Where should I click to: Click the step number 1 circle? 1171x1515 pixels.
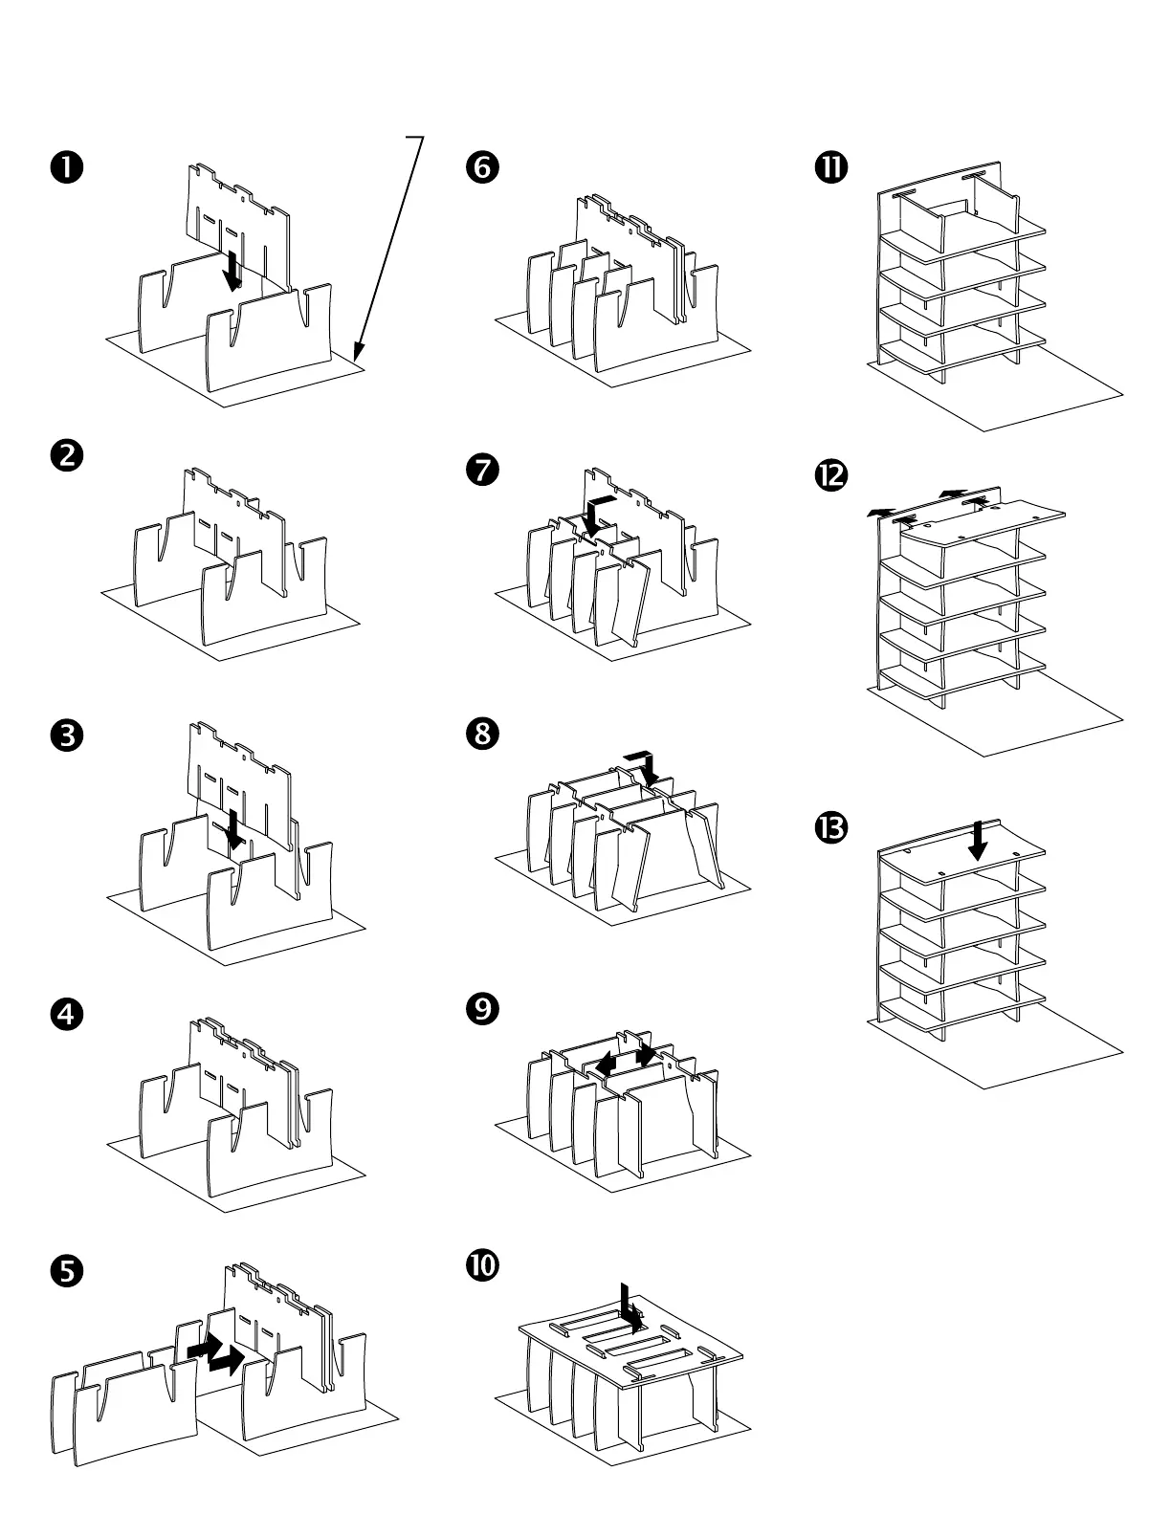[66, 167]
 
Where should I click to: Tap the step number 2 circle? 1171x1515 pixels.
[66, 455]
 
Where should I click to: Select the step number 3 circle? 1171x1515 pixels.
[66, 736]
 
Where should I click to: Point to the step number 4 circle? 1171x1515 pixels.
[66, 1014]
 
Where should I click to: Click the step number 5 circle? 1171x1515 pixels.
[66, 1270]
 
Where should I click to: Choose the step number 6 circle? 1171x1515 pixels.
[481, 167]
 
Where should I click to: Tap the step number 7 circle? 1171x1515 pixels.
[481, 470]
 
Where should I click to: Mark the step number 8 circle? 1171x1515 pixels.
[481, 734]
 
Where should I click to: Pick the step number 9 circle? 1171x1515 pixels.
[481, 1008]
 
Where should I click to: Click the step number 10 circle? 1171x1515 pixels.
[481, 1265]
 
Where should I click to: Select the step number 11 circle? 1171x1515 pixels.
[830, 167]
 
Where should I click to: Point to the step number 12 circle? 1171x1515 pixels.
[830, 474]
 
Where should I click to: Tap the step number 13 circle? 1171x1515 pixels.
[830, 827]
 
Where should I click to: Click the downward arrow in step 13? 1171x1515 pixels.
[978, 841]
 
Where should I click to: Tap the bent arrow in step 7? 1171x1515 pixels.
[596, 514]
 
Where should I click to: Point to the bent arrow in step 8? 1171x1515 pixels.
[646, 768]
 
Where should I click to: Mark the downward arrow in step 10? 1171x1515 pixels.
[628, 1306]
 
